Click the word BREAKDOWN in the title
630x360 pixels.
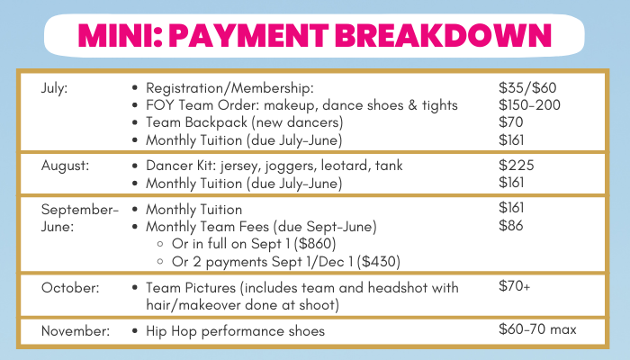443,35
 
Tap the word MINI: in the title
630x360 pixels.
121,35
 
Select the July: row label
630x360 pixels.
54,88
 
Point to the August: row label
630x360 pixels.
65,166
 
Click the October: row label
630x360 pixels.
70,288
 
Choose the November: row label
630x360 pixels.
75,330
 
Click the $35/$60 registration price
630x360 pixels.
527,87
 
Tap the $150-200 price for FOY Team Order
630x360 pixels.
529,105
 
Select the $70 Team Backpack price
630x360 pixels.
510,122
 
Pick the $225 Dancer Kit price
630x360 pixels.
517,165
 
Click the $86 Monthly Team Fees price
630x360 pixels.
510,225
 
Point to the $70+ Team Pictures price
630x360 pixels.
514,285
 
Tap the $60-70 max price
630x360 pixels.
537,329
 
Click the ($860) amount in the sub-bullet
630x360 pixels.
315,244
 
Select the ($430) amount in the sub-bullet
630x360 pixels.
379,262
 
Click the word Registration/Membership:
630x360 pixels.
229,88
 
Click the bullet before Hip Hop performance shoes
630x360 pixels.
135,331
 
